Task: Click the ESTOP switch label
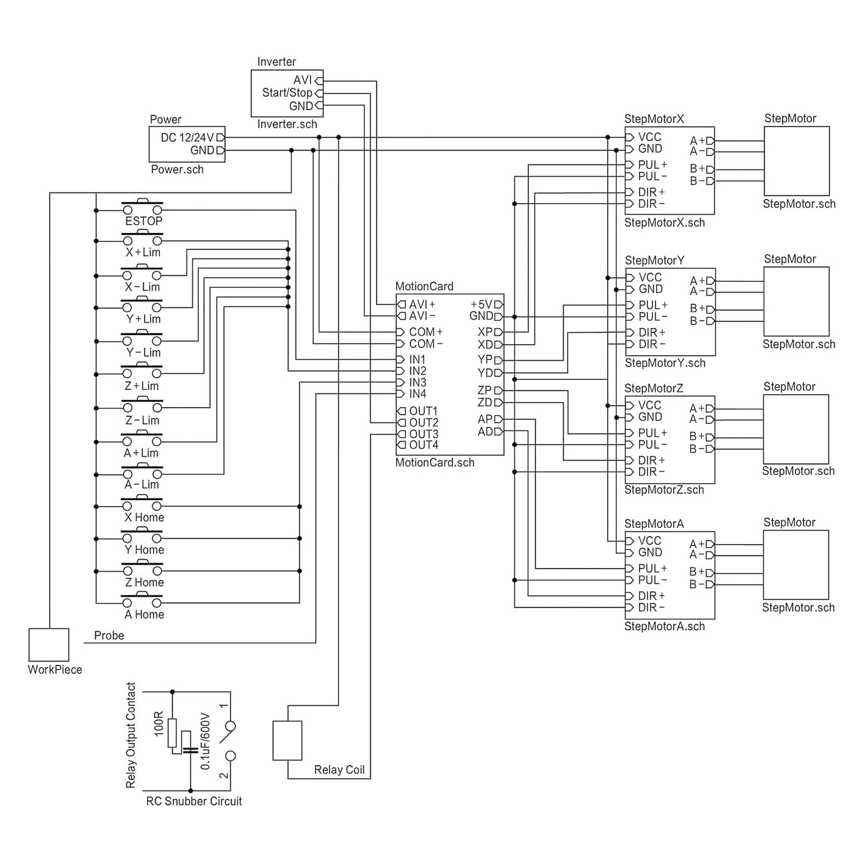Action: pos(143,221)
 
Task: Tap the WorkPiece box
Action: pos(49,644)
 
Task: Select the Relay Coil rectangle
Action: pos(287,741)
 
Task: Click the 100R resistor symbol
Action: pos(172,733)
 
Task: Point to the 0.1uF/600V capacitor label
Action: pos(205,741)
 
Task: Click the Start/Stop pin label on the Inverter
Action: pos(287,93)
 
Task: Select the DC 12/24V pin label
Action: pos(187,137)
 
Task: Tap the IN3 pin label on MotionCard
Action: pos(417,382)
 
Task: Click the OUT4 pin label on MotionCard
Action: pos(423,445)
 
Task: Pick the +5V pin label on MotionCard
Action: pos(481,305)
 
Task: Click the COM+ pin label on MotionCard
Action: pos(425,332)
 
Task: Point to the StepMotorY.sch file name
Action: pos(665,363)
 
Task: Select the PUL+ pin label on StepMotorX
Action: pos(653,164)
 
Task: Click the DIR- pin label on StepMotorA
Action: pos(651,607)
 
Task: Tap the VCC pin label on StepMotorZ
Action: pos(649,406)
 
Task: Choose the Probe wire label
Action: pos(109,635)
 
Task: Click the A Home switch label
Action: pos(144,615)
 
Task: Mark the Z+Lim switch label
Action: pos(142,386)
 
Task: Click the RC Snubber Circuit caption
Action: pos(194,801)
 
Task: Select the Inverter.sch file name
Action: pos(287,124)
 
